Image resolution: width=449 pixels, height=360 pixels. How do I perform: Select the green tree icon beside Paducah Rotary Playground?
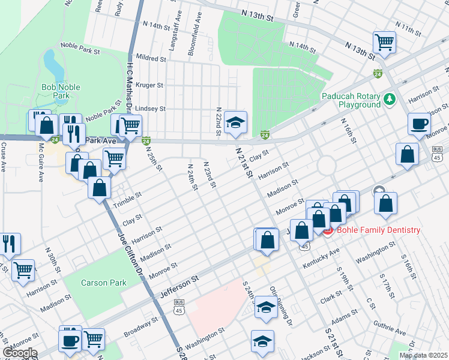pyautogui.click(x=390, y=98)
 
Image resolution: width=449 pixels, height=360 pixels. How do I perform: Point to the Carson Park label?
pyautogui.click(x=100, y=282)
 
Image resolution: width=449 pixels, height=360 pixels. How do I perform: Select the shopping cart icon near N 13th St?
pyautogui.click(x=384, y=43)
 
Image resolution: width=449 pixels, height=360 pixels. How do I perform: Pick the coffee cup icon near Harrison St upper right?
pyautogui.click(x=419, y=124)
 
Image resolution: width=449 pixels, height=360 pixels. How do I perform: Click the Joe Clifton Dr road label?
pyautogui.click(x=129, y=252)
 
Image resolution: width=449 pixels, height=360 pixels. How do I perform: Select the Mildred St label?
pyautogui.click(x=151, y=59)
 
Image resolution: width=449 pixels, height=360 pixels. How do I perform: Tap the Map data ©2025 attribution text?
pyautogui.click(x=423, y=355)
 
